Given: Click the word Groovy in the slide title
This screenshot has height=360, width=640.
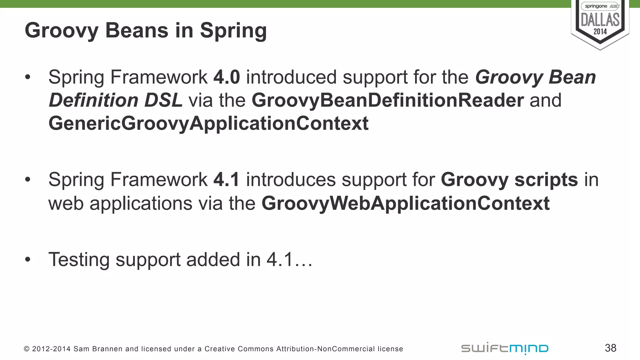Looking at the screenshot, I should [62, 31].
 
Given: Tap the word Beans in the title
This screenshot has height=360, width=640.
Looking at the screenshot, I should [137, 31].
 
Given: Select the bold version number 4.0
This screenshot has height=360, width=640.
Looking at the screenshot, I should [227, 77].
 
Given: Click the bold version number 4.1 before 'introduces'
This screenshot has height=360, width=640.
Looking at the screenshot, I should [226, 180].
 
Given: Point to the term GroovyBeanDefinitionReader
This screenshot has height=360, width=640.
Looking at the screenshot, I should [387, 100].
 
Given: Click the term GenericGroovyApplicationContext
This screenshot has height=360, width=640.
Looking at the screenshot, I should [208, 123].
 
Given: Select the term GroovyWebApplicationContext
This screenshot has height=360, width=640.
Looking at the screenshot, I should [405, 203].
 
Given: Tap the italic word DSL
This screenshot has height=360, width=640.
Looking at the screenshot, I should [163, 100].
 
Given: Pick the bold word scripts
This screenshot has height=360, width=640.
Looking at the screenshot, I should [546, 180].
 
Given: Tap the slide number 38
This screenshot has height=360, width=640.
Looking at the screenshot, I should [610, 348].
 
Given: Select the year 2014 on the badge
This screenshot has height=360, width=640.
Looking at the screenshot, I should [600, 32].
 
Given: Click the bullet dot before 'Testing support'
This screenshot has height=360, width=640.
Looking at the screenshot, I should [28, 259].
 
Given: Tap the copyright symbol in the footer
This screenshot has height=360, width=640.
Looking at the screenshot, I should [27, 349].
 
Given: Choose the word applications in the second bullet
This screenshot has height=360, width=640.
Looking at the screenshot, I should [141, 204].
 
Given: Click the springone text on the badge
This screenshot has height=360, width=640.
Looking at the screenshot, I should [596, 6].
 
